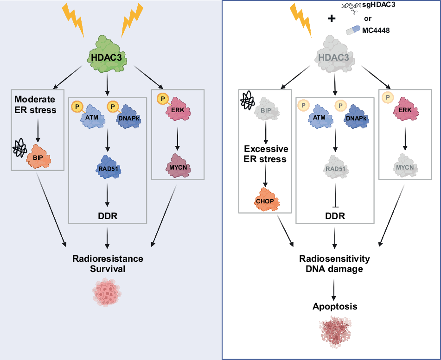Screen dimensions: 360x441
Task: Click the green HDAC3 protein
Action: pos(107,57)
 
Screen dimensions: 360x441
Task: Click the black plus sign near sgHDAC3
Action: pos(331,19)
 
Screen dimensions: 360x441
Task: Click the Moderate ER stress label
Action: pos(35,105)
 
